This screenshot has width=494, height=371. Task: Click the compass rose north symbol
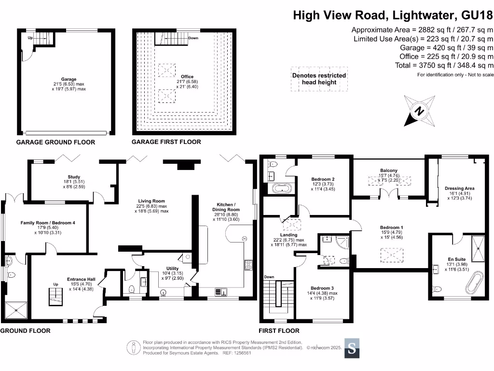pyautogui.click(x=420, y=110)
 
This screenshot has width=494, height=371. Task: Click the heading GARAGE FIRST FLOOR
pyautogui.click(x=166, y=142)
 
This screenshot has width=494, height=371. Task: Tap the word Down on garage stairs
pyautogui.click(x=193, y=38)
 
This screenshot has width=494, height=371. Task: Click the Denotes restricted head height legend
pyautogui.click(x=319, y=79)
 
